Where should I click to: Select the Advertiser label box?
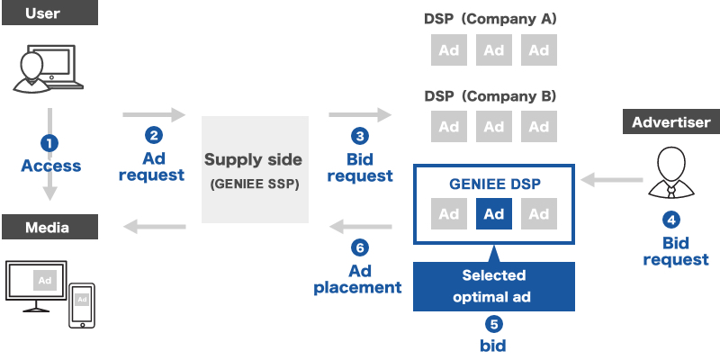click(670, 122)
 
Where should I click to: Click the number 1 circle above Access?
click(49, 143)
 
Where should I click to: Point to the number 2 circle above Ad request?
click(154, 135)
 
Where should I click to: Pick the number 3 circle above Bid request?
click(360, 136)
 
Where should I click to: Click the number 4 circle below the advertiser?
click(670, 219)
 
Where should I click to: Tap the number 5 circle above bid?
click(493, 325)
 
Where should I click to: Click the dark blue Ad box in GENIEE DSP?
click(493, 214)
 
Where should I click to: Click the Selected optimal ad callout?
click(493, 285)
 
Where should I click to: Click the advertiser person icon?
click(670, 171)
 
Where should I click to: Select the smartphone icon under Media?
click(82, 305)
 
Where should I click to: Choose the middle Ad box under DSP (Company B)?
click(493, 127)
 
